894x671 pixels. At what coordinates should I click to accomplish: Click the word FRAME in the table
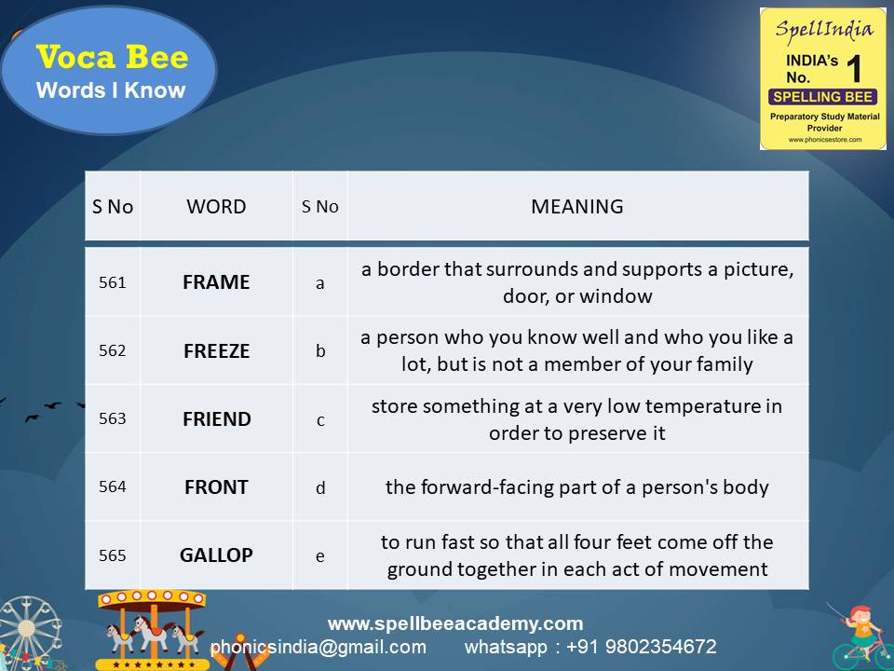click(x=216, y=282)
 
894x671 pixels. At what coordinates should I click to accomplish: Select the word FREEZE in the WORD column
click(x=216, y=350)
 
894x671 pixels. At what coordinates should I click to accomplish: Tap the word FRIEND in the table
click(x=216, y=418)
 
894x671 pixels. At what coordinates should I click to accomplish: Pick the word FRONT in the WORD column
click(x=216, y=486)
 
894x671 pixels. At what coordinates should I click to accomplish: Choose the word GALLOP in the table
click(x=216, y=555)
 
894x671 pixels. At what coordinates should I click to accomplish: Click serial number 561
click(x=112, y=282)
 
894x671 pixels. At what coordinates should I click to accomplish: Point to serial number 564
click(x=112, y=486)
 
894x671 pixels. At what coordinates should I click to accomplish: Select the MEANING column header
click(x=576, y=207)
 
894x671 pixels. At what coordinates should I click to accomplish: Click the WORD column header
click(x=216, y=207)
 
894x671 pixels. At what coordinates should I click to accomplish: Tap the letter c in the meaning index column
click(x=320, y=419)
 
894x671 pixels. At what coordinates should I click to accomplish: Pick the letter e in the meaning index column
click(x=320, y=555)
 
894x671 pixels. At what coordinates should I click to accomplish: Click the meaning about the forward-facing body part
click(x=577, y=486)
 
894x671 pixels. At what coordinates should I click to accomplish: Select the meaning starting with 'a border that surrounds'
click(x=577, y=282)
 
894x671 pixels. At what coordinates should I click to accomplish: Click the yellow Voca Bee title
click(x=112, y=58)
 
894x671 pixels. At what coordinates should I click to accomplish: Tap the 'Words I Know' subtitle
click(x=111, y=90)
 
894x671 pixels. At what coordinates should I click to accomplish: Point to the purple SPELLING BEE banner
click(x=822, y=97)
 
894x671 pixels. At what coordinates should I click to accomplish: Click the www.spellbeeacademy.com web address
click(x=455, y=623)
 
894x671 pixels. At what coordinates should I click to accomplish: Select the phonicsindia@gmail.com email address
click(x=318, y=647)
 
